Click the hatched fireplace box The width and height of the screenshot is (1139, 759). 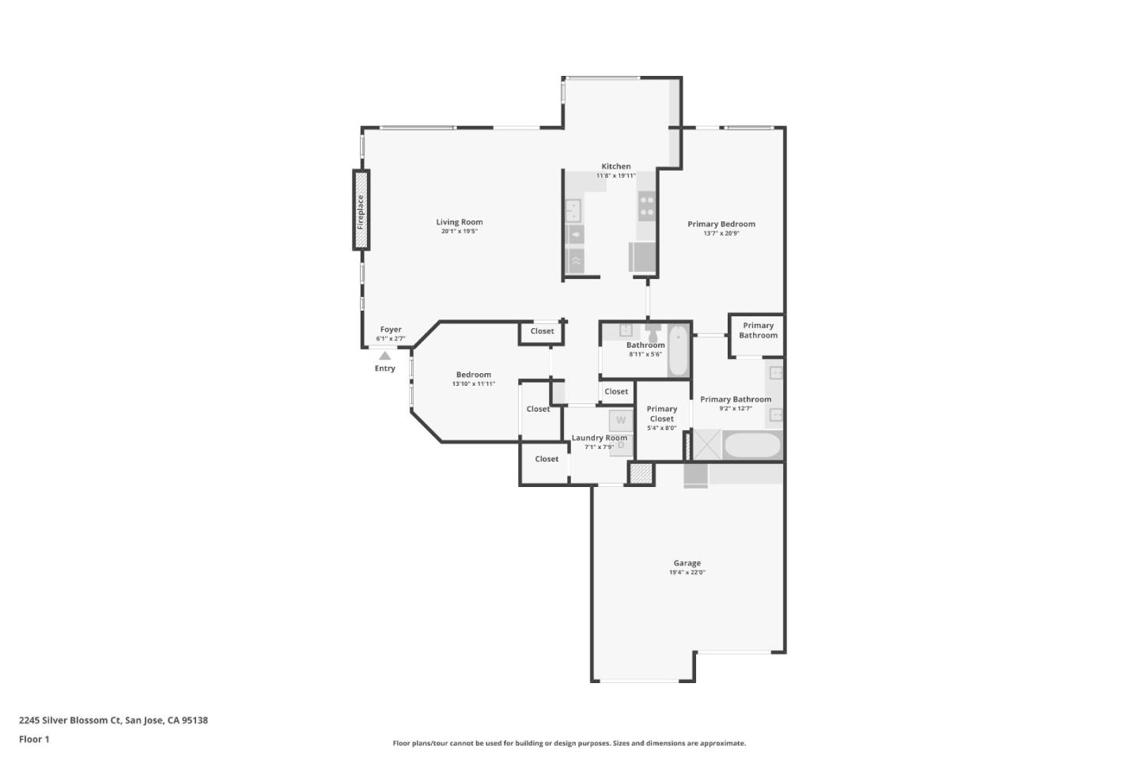361,211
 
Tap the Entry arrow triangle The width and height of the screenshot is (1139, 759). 384,357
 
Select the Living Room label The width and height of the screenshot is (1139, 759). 459,222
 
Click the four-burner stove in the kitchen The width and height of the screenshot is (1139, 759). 646,206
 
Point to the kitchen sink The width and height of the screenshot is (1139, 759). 574,211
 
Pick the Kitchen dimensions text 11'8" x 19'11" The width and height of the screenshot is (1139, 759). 615,176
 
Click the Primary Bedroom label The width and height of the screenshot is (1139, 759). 721,224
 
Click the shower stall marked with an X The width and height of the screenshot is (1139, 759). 707,444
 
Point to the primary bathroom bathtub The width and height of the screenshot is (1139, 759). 751,445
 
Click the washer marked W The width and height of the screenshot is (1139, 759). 620,420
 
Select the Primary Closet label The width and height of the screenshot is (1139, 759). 661,413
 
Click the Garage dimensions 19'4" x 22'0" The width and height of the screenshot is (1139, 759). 687,572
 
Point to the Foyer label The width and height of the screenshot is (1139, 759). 391,330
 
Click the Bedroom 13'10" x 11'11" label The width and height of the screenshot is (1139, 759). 473,375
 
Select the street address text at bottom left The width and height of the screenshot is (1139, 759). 113,720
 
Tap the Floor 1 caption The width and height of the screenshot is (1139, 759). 34,739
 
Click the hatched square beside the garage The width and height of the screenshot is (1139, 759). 641,474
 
